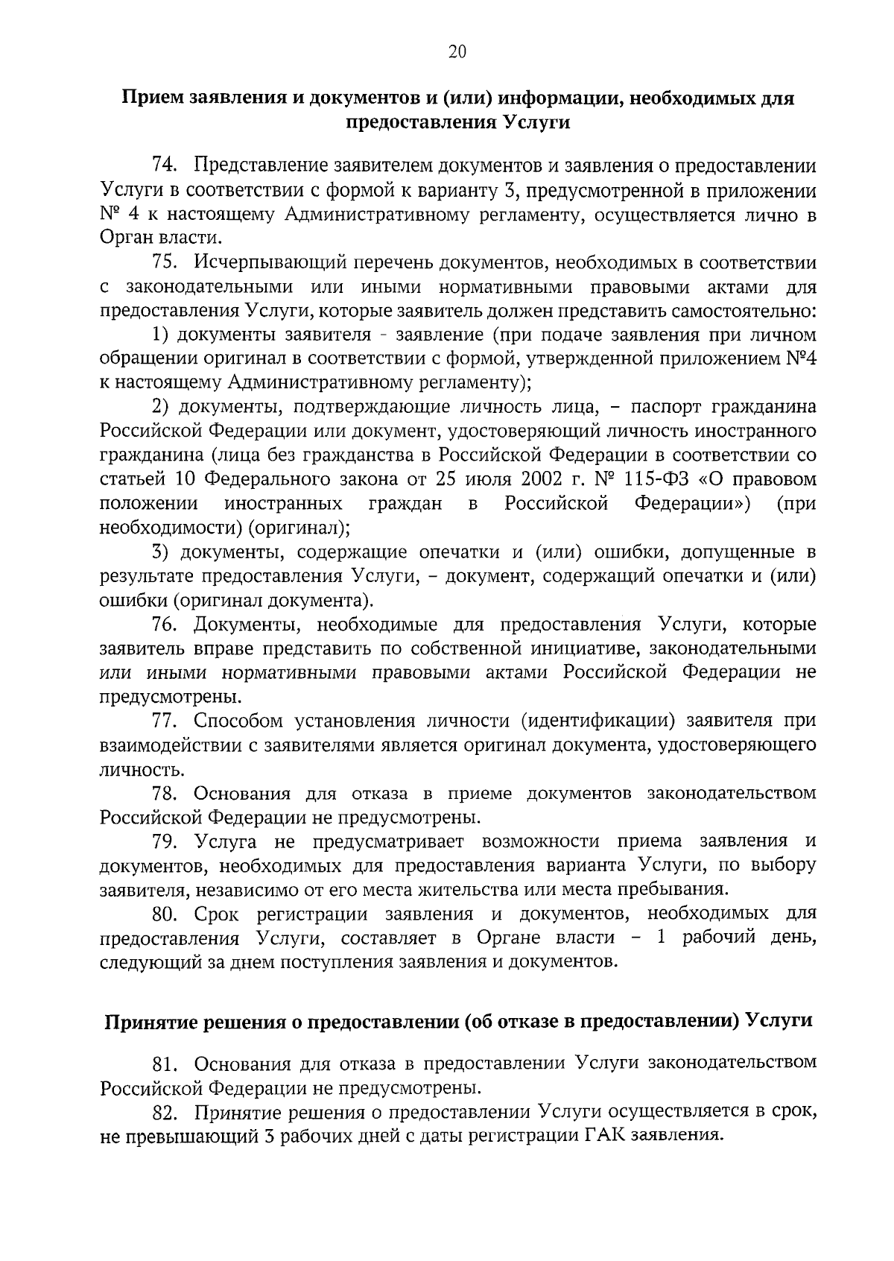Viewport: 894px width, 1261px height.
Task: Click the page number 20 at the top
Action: click(x=457, y=51)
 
